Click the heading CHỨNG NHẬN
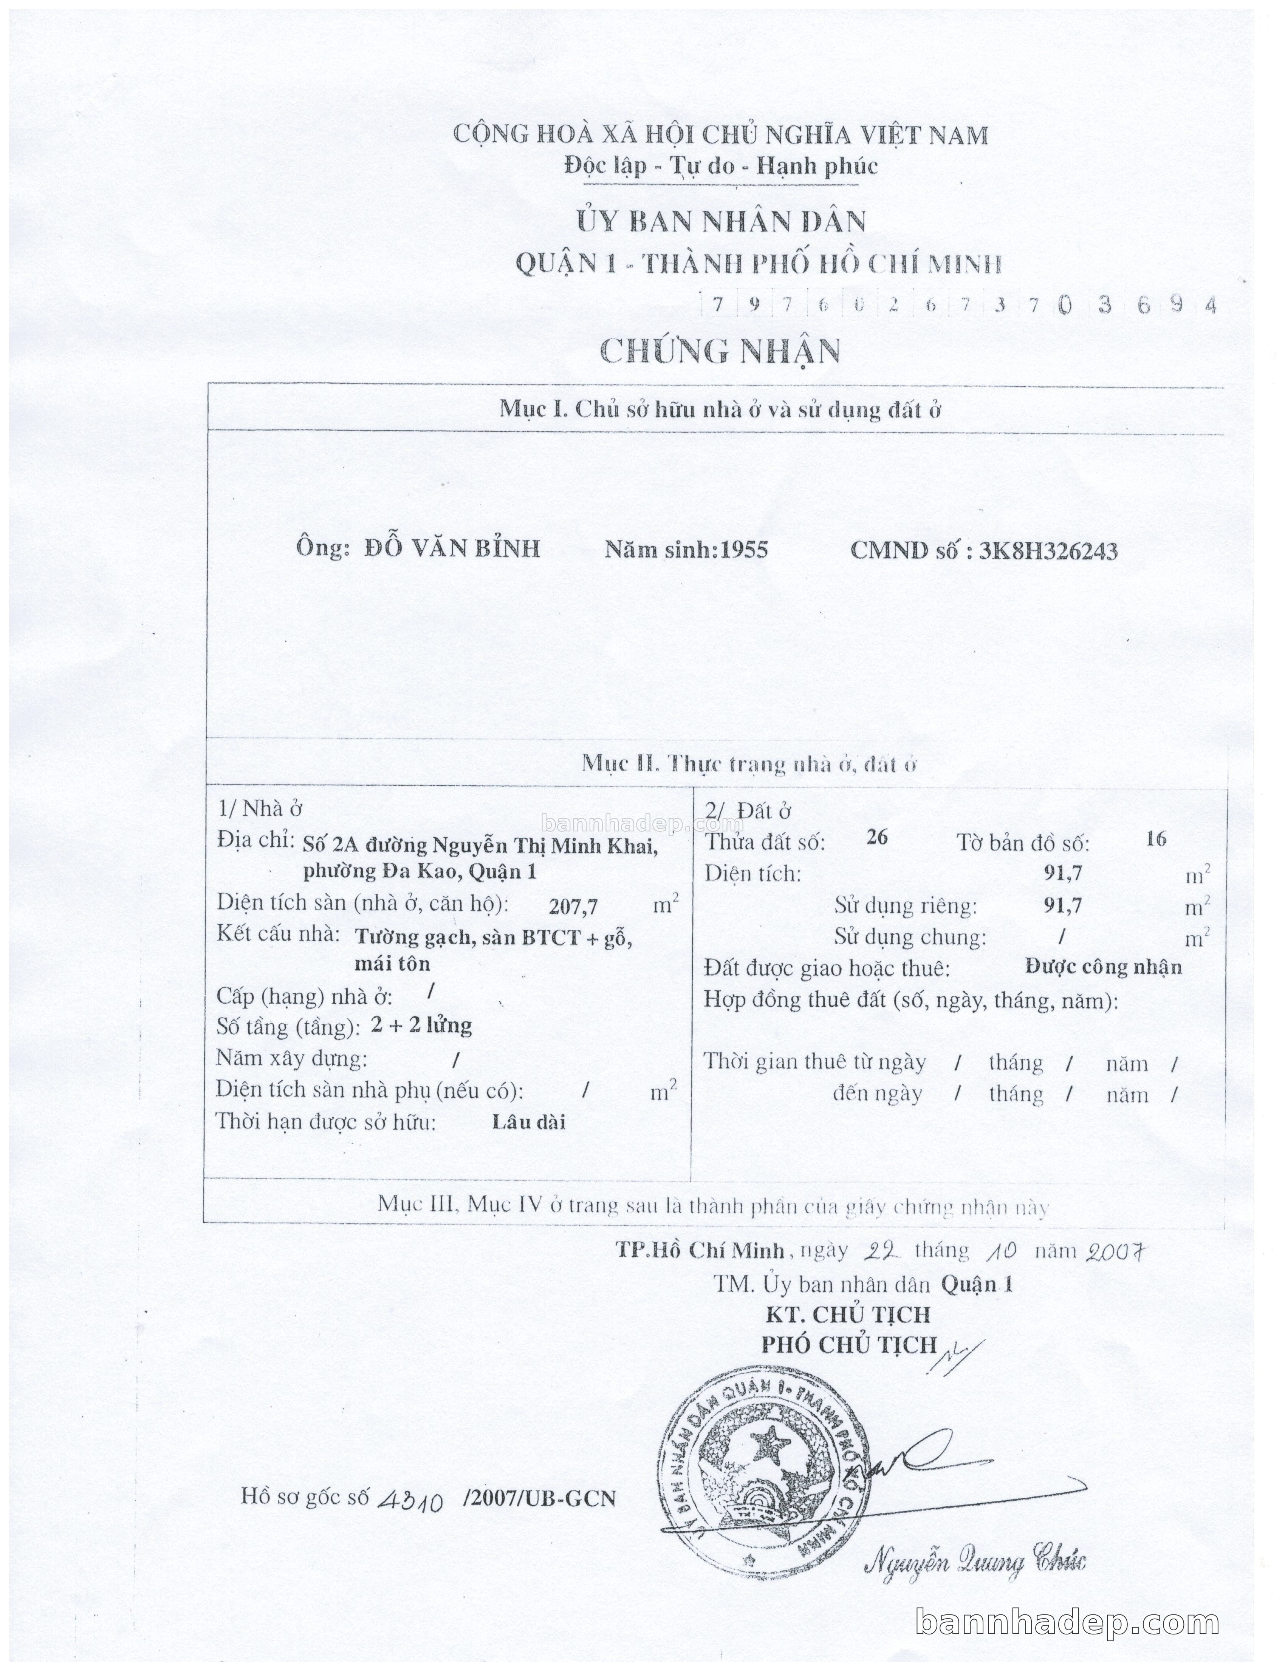[720, 351]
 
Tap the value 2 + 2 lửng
[421, 1026]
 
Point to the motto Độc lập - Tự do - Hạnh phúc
[720, 166]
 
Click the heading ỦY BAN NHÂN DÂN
[720, 221]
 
